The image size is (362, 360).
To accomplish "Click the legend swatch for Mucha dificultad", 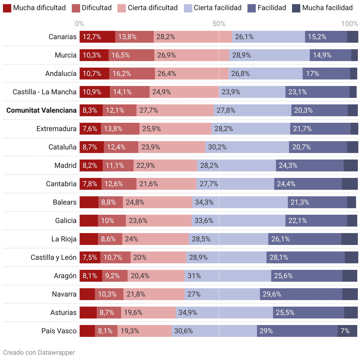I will (7, 8).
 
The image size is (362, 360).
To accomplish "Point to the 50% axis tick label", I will (219, 24).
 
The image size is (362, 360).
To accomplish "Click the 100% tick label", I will (350, 24).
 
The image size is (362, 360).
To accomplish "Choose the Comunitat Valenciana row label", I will (42, 110).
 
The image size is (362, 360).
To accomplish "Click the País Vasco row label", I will (59, 331).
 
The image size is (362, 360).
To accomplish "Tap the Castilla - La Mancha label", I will (45, 92).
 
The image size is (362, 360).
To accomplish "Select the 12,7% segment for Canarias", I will (97, 37).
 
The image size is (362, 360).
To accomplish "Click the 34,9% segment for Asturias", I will (224, 313).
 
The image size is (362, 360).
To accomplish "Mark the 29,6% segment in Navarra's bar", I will (301, 294).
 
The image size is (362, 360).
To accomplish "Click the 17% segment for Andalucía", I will (326, 74).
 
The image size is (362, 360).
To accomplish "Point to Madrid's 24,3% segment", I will (310, 165).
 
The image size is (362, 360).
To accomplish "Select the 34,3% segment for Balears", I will (240, 202).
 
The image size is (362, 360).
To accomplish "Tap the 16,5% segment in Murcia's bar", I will (131, 55).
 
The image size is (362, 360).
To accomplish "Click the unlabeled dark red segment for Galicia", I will (89, 221).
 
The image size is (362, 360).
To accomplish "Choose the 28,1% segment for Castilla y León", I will (306, 257).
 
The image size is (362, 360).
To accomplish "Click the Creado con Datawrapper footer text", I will (39, 352).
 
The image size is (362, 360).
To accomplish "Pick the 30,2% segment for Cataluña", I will (247, 147).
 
